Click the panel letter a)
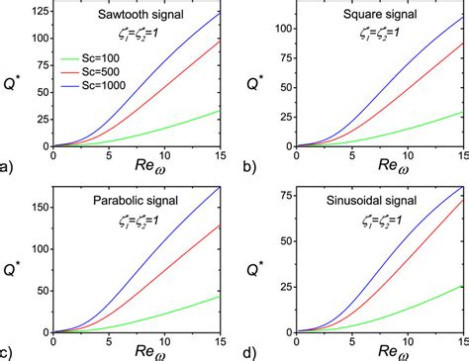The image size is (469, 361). point(9,167)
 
